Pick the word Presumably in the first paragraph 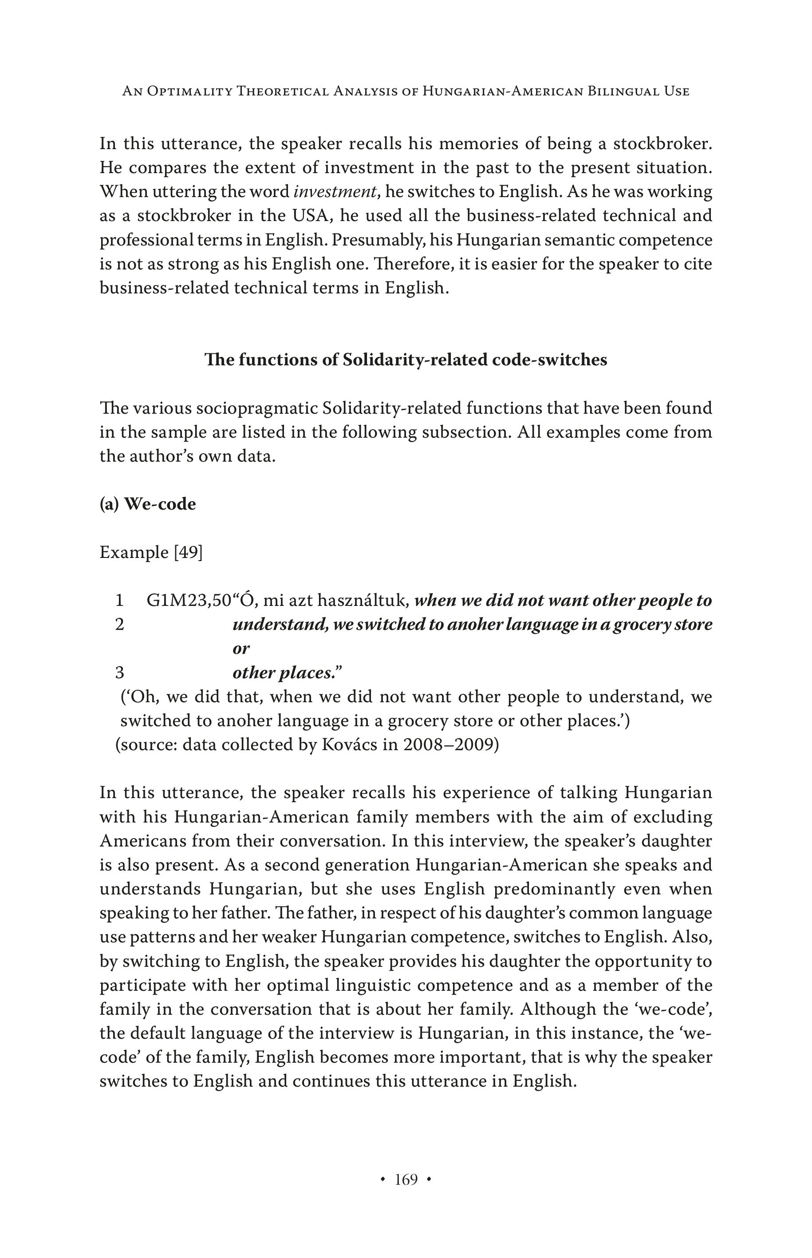[x=380, y=240]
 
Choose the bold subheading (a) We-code [x=148, y=504]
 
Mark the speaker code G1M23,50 [x=189, y=601]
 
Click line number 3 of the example [x=120, y=673]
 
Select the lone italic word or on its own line [x=241, y=649]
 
